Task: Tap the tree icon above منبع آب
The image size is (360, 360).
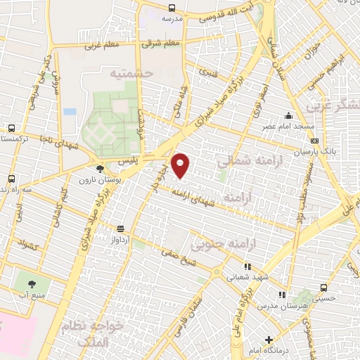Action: click(32, 284)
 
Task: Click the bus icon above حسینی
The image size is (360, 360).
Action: click(324, 288)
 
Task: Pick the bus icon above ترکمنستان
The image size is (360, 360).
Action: click(11, 129)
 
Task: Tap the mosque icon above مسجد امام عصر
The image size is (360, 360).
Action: click(287, 116)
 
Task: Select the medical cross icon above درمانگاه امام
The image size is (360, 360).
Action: click(269, 340)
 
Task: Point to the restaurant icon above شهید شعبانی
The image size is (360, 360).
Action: click(247, 267)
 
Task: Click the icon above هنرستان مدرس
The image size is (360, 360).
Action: click(281, 295)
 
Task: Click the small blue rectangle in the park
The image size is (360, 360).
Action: click(69, 112)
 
